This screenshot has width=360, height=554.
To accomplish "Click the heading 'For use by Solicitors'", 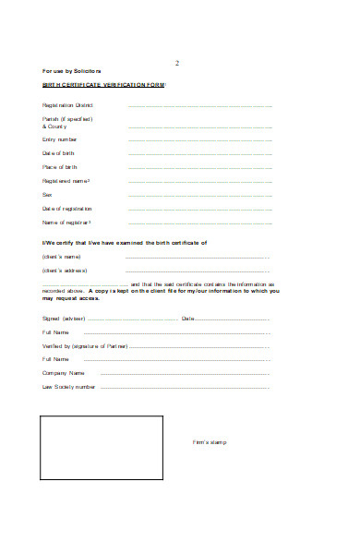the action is [x=72, y=71].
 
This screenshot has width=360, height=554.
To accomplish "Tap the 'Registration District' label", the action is [x=68, y=105].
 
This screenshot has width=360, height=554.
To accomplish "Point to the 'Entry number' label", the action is [x=61, y=138].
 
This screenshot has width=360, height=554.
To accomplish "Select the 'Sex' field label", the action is [x=47, y=195].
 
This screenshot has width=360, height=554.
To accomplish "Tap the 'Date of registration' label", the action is [x=67, y=209].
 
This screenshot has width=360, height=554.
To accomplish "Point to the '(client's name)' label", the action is [x=62, y=256].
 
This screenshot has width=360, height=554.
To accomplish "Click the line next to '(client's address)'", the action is [x=185, y=271].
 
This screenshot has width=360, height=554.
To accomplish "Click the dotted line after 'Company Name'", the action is [x=185, y=373].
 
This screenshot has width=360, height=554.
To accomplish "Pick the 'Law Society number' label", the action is [x=68, y=387].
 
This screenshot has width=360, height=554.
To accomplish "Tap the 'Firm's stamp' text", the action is [x=209, y=442].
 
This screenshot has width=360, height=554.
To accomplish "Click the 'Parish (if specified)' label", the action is [x=66, y=119].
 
